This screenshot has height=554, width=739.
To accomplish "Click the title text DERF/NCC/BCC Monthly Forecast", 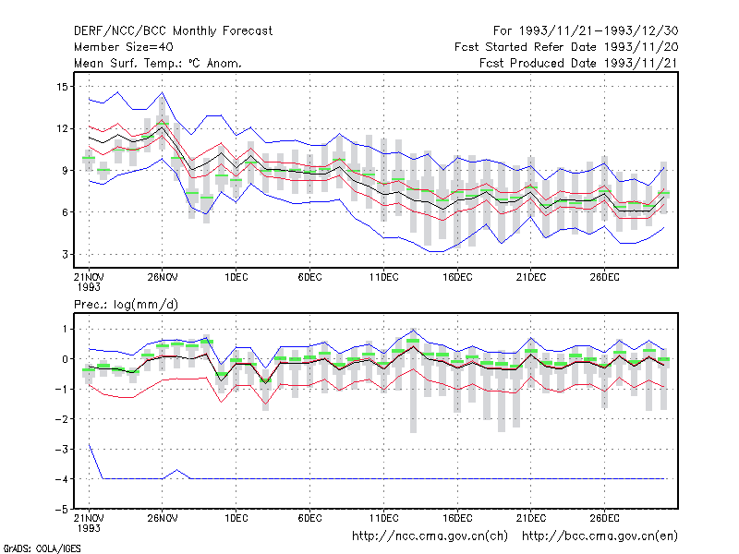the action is (173, 31).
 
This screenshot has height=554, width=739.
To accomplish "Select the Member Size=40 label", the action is (124, 47).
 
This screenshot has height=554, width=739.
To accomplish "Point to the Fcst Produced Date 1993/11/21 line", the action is (579, 63).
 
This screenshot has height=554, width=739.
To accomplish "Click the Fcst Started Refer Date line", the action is (566, 47).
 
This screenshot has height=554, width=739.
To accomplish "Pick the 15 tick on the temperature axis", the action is (62, 87).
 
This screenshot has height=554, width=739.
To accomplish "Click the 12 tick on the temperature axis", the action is (62, 128).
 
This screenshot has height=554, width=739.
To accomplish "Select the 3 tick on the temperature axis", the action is (65, 255).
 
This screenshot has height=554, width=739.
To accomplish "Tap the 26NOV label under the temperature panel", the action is (163, 277).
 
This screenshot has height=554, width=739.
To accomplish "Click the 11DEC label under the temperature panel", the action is (383, 277).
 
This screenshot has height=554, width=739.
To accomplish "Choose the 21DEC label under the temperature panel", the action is (531, 277).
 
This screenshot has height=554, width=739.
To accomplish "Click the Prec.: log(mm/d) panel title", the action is (126, 305).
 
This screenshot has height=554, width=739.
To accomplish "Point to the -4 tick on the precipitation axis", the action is (61, 479).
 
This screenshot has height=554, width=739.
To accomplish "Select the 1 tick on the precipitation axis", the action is (65, 329).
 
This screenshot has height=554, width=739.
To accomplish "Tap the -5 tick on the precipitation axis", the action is (61, 510).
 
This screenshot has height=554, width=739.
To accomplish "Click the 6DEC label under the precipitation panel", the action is (309, 518).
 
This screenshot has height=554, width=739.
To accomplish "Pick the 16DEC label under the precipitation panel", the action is (457, 518).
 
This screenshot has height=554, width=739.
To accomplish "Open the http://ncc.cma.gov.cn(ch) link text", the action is (430, 536).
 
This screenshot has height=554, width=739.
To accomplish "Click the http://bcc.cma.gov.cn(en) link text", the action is (600, 536).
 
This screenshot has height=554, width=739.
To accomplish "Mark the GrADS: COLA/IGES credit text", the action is (42, 548).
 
